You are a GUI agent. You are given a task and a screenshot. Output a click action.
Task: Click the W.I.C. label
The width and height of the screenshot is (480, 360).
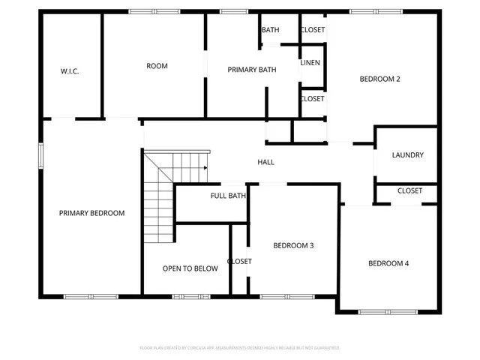pyautogui.click(x=70, y=71)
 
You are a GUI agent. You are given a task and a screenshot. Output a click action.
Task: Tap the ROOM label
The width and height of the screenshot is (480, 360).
pyautogui.click(x=157, y=66)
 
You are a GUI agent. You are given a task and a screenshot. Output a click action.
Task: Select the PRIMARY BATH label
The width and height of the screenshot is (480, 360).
pyautogui.click(x=252, y=70)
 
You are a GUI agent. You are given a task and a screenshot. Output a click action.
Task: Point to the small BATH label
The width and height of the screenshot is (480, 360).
pyautogui.click(x=270, y=30)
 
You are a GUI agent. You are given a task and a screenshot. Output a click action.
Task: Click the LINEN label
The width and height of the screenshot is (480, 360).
pyautogui.click(x=310, y=62)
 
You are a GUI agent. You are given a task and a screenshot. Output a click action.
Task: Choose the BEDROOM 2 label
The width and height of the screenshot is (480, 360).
pyautogui.click(x=379, y=79)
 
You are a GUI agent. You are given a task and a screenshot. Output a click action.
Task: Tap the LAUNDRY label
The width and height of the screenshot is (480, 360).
pyautogui.click(x=408, y=155)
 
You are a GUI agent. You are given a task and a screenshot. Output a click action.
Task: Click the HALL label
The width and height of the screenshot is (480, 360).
pyautogui.click(x=265, y=162)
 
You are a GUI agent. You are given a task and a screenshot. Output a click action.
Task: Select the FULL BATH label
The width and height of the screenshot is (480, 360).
pyautogui.click(x=228, y=196)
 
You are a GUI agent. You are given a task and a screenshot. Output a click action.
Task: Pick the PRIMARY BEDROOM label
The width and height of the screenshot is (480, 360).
pyautogui.click(x=91, y=213)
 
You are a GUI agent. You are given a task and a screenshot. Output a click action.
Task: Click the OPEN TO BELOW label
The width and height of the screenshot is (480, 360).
pyautogui.click(x=190, y=268)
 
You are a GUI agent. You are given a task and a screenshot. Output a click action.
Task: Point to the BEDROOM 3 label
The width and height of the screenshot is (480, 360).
pyautogui.click(x=293, y=245)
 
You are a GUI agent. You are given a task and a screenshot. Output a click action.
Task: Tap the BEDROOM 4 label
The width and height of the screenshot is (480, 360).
pyautogui.click(x=388, y=263)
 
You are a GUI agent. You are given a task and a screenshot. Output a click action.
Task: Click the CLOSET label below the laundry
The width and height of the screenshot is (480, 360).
pyautogui.click(x=409, y=190)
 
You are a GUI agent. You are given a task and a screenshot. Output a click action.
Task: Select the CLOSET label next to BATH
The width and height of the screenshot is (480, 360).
pyautogui.click(x=313, y=30)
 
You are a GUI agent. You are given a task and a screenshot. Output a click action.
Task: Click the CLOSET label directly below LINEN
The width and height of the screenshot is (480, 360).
pyautogui.click(x=312, y=98)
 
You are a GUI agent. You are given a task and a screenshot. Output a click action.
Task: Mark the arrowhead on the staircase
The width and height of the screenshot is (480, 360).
pyautogui.click(x=205, y=168)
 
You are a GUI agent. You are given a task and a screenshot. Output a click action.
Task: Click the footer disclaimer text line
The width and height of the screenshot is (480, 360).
pyautogui.click(x=240, y=348)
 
